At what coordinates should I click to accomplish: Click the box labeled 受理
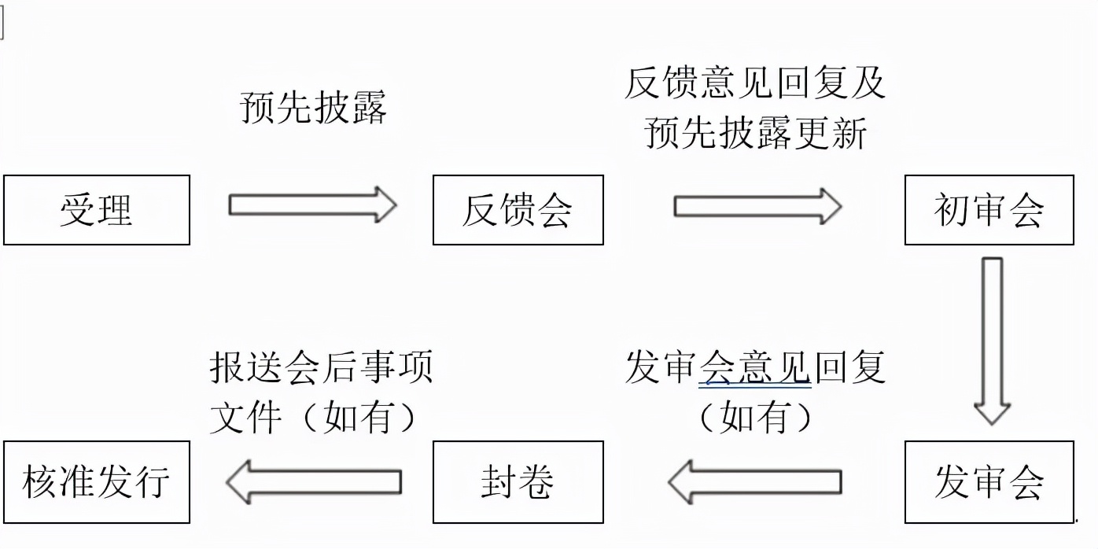97,210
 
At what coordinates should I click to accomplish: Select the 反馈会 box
518,210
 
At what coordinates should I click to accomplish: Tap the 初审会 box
989,210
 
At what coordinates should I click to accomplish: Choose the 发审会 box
989,481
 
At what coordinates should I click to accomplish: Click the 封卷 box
518,481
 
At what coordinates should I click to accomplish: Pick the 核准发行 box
97,481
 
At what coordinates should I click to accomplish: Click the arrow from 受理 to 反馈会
312,205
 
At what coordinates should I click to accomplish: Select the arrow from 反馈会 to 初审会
757,206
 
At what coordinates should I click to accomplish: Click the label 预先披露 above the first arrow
313,109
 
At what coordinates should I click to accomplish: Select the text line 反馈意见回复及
755,83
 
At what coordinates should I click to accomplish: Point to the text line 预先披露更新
755,132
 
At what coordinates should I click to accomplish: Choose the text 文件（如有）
313,417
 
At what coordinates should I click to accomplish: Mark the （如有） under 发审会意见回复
755,417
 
